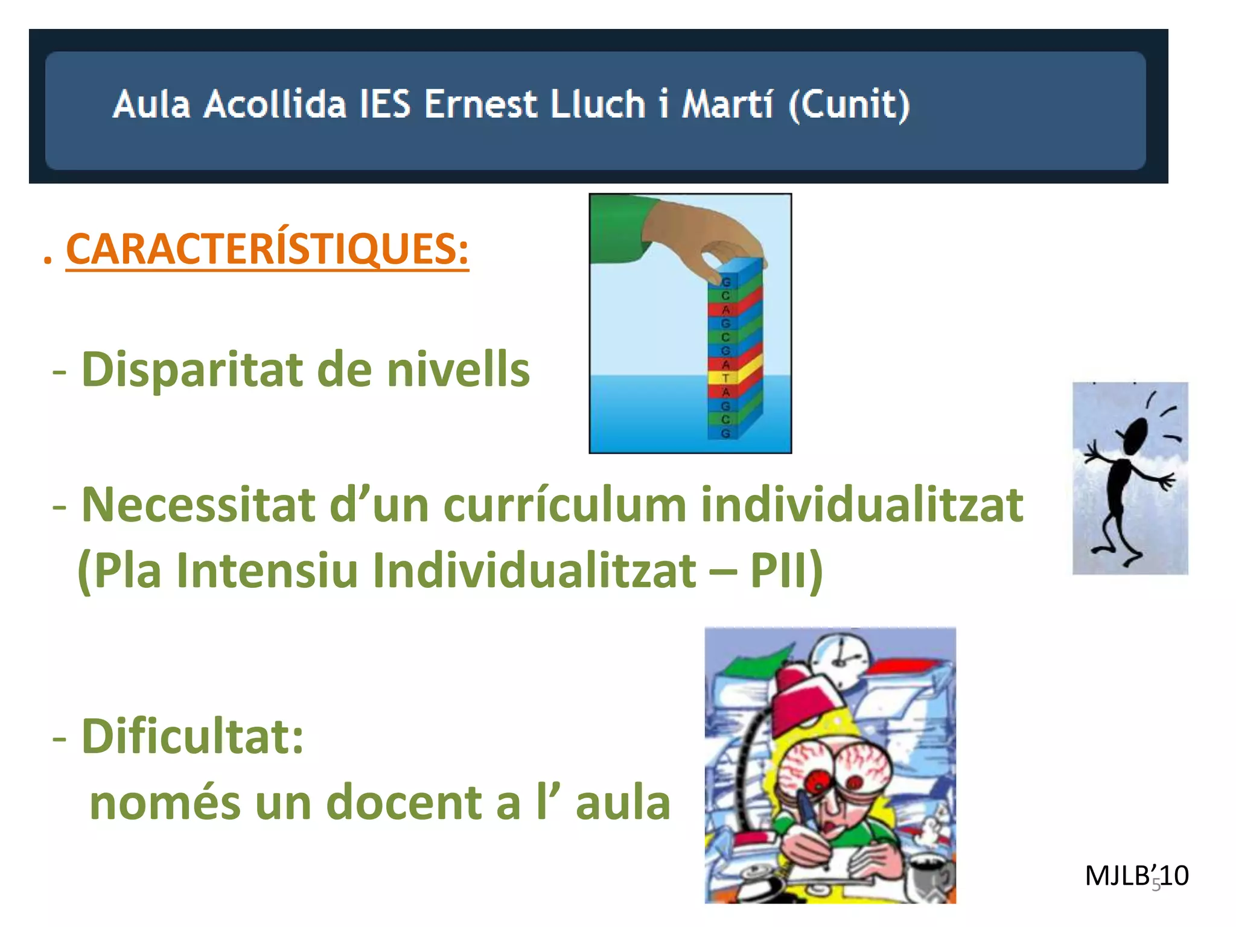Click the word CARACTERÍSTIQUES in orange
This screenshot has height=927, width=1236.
267,249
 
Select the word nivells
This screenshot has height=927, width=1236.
458,369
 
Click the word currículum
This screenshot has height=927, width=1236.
565,505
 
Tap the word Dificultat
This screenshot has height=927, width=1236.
192,737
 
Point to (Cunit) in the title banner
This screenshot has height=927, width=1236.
849,104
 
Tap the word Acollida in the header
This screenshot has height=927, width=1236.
275,104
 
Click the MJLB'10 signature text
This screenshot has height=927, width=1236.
1136,876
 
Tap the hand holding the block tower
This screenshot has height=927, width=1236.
706,235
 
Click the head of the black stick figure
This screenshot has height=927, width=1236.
1135,435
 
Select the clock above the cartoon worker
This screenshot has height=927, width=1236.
840,655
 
